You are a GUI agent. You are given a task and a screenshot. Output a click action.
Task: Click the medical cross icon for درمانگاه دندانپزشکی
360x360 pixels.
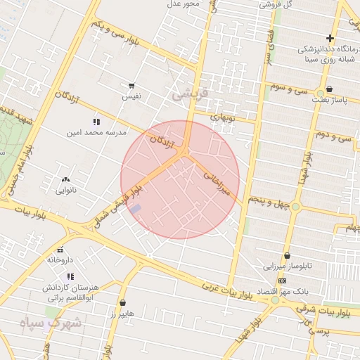[330, 38]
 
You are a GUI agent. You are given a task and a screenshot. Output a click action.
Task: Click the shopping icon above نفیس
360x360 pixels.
[131, 85]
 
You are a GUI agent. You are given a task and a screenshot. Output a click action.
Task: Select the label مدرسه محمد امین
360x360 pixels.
[96, 132]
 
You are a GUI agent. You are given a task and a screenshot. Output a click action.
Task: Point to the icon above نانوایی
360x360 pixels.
[67, 180]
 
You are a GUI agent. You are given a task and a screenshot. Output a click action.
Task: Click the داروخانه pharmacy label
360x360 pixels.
[60, 259]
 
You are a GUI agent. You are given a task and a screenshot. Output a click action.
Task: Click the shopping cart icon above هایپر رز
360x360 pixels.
[122, 303]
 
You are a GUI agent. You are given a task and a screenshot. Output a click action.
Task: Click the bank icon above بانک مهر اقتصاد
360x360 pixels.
[282, 280]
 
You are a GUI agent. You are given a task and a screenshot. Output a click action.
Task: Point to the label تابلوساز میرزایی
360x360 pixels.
[287, 266]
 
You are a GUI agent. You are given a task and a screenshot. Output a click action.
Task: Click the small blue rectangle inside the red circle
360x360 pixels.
[136, 209]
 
